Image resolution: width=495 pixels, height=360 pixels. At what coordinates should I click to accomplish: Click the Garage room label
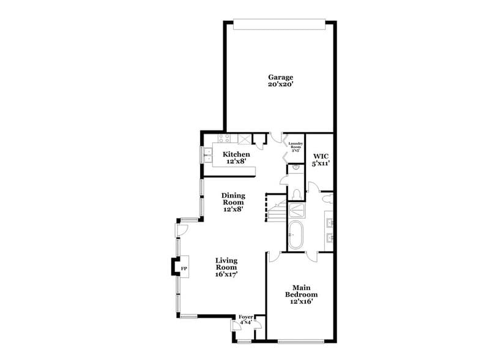280,77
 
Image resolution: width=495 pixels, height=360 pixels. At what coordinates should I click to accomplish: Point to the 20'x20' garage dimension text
280,85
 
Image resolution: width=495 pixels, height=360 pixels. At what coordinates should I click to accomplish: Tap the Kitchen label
236,154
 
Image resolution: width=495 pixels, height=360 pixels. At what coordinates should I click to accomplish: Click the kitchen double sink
208,155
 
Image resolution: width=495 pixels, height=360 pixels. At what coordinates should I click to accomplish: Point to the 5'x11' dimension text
320,164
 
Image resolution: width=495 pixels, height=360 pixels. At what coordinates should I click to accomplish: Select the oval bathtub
295,236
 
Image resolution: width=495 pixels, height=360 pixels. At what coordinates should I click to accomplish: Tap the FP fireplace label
183,268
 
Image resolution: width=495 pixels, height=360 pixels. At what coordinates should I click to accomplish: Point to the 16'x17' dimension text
226,275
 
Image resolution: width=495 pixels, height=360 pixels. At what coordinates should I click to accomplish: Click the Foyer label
246,317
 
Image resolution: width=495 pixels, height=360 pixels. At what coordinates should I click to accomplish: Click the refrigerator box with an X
244,139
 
